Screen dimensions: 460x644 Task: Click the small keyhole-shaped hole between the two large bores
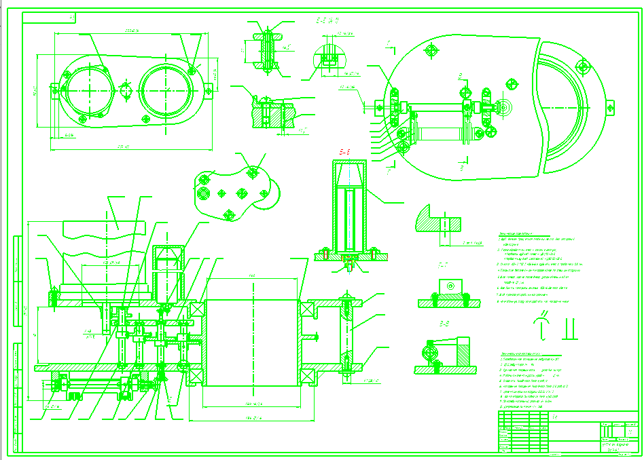pyautogui.click(x=125, y=90)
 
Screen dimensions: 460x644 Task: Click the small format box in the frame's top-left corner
pyautogui.click(x=73, y=16)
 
